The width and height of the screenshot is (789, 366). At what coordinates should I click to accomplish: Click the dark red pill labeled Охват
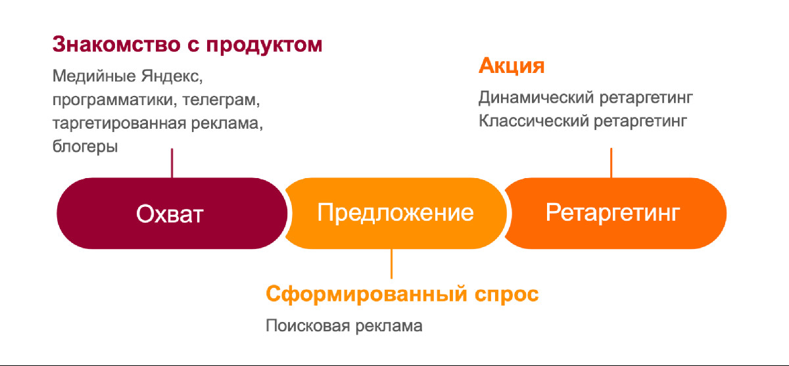coord(172,214)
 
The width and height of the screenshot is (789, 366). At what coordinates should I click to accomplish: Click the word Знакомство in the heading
coord(116,44)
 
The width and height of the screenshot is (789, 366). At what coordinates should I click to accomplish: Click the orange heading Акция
coord(512,66)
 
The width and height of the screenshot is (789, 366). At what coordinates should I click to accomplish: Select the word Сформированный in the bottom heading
coord(367,294)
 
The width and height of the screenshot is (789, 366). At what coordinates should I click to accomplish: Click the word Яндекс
coord(172,76)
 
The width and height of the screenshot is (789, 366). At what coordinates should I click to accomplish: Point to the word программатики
coord(115,100)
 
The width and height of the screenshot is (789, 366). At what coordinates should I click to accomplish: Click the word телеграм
coord(221,100)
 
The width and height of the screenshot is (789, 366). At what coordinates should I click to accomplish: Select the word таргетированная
coord(119,124)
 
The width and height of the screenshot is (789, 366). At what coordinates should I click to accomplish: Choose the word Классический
coord(534,122)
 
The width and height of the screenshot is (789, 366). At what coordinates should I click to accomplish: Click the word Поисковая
coord(308,326)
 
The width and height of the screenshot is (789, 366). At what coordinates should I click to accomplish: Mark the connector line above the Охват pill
coord(172,163)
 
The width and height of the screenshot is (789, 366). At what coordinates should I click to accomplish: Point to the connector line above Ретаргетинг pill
coord(611,163)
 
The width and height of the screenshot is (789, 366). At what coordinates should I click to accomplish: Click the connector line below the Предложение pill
coord(391,264)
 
